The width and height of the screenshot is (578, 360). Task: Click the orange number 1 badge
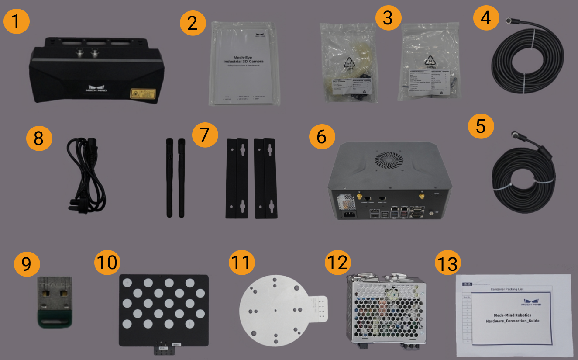coord(17,22)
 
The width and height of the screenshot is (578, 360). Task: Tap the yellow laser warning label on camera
coord(143,93)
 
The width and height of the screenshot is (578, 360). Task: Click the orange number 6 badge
coord(322,137)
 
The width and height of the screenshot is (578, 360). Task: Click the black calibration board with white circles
coord(164,310)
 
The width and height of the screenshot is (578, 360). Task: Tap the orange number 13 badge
coord(449,264)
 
